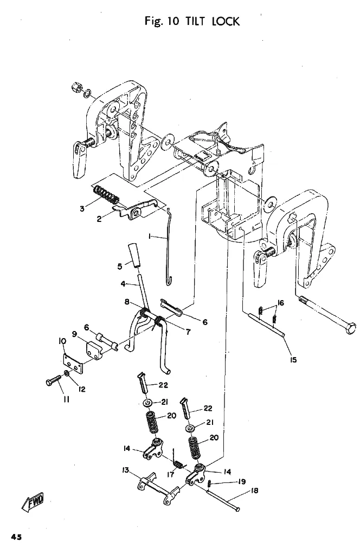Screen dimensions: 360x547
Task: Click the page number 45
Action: point(16,537)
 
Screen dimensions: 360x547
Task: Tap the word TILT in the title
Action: point(197,21)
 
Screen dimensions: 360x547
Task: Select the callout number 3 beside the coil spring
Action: point(82,208)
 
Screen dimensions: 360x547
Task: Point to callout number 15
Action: point(293,359)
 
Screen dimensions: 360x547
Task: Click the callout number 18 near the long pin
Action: point(254,491)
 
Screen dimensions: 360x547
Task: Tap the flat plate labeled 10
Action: point(74,365)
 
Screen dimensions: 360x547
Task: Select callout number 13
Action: point(125,470)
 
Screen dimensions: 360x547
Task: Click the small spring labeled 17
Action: point(178,465)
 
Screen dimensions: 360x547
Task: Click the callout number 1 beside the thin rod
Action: point(150,236)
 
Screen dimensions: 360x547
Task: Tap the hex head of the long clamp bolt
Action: point(351,329)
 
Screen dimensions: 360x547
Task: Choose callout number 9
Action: point(74,334)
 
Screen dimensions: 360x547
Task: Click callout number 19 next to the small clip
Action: point(241,481)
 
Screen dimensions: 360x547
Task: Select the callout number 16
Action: point(280,302)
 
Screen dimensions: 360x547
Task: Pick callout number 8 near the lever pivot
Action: point(127,301)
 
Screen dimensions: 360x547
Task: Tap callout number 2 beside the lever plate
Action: point(99,219)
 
